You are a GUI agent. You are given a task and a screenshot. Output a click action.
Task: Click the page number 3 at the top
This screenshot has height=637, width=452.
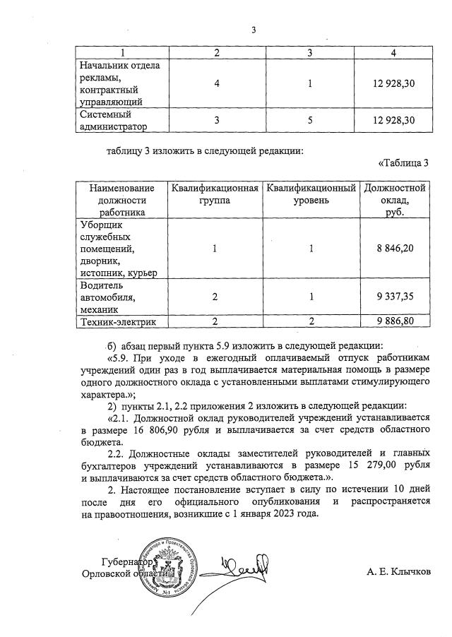point(253,30)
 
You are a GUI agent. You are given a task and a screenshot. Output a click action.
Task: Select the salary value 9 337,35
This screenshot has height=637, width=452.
point(394,298)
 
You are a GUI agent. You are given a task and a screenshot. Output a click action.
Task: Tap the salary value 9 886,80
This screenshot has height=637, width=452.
point(394,322)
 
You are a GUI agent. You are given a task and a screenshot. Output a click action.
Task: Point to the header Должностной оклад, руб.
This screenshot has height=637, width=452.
point(394,200)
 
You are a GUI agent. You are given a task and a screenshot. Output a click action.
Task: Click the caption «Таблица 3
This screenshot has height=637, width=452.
point(404,165)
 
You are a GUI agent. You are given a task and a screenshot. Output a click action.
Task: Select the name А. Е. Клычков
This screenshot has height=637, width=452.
point(398,571)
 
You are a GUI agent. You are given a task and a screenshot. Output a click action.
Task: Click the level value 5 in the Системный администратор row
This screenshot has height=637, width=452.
point(311,121)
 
